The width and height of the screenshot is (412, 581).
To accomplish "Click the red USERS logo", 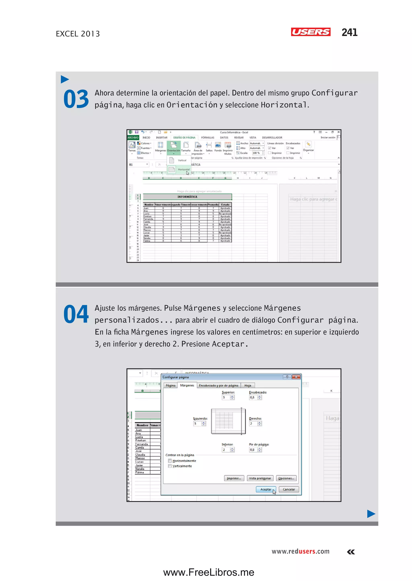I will pyautogui.click(x=311, y=32).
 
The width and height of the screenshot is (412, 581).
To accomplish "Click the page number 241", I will pyautogui.click(x=349, y=32).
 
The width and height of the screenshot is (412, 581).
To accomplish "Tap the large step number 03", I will pyautogui.click(x=76, y=99).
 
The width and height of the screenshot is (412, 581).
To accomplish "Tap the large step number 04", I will pyautogui.click(x=76, y=314).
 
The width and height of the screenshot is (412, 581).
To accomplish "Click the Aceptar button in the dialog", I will pyautogui.click(x=265, y=489).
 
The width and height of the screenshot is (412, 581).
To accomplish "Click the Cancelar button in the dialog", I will pyautogui.click(x=289, y=489).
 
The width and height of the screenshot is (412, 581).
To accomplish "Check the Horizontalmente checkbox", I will pyautogui.click(x=170, y=461).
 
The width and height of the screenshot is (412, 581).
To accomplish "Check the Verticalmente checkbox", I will pyautogui.click(x=170, y=466).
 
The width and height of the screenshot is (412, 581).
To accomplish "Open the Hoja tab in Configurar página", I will pyautogui.click(x=248, y=385).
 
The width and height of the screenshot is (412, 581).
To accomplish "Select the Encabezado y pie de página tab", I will pyautogui.click(x=218, y=385).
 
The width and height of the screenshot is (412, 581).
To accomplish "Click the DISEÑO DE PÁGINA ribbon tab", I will pyautogui.click(x=184, y=138).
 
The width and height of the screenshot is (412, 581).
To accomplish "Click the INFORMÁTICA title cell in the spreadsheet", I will pyautogui.click(x=187, y=197).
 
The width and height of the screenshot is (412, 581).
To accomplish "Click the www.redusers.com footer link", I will pyautogui.click(x=300, y=551).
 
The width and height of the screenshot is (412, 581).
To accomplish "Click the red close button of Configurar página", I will pyautogui.click(x=296, y=377).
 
